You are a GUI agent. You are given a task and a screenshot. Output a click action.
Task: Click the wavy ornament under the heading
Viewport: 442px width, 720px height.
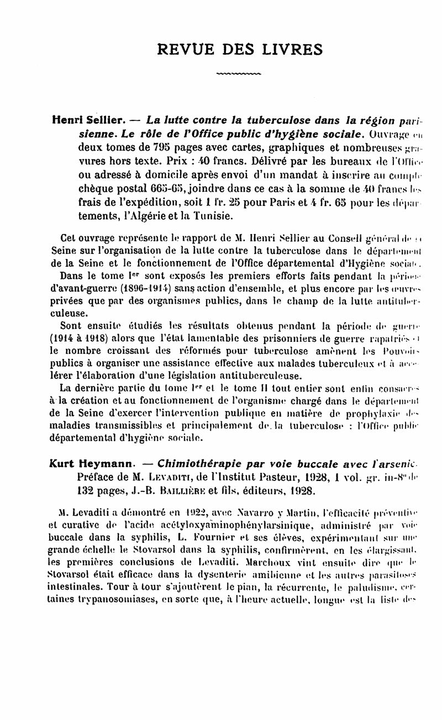pyautogui.click(x=238, y=72)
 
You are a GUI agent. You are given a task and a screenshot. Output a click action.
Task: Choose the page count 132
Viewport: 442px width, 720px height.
pyautogui.click(x=86, y=490)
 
